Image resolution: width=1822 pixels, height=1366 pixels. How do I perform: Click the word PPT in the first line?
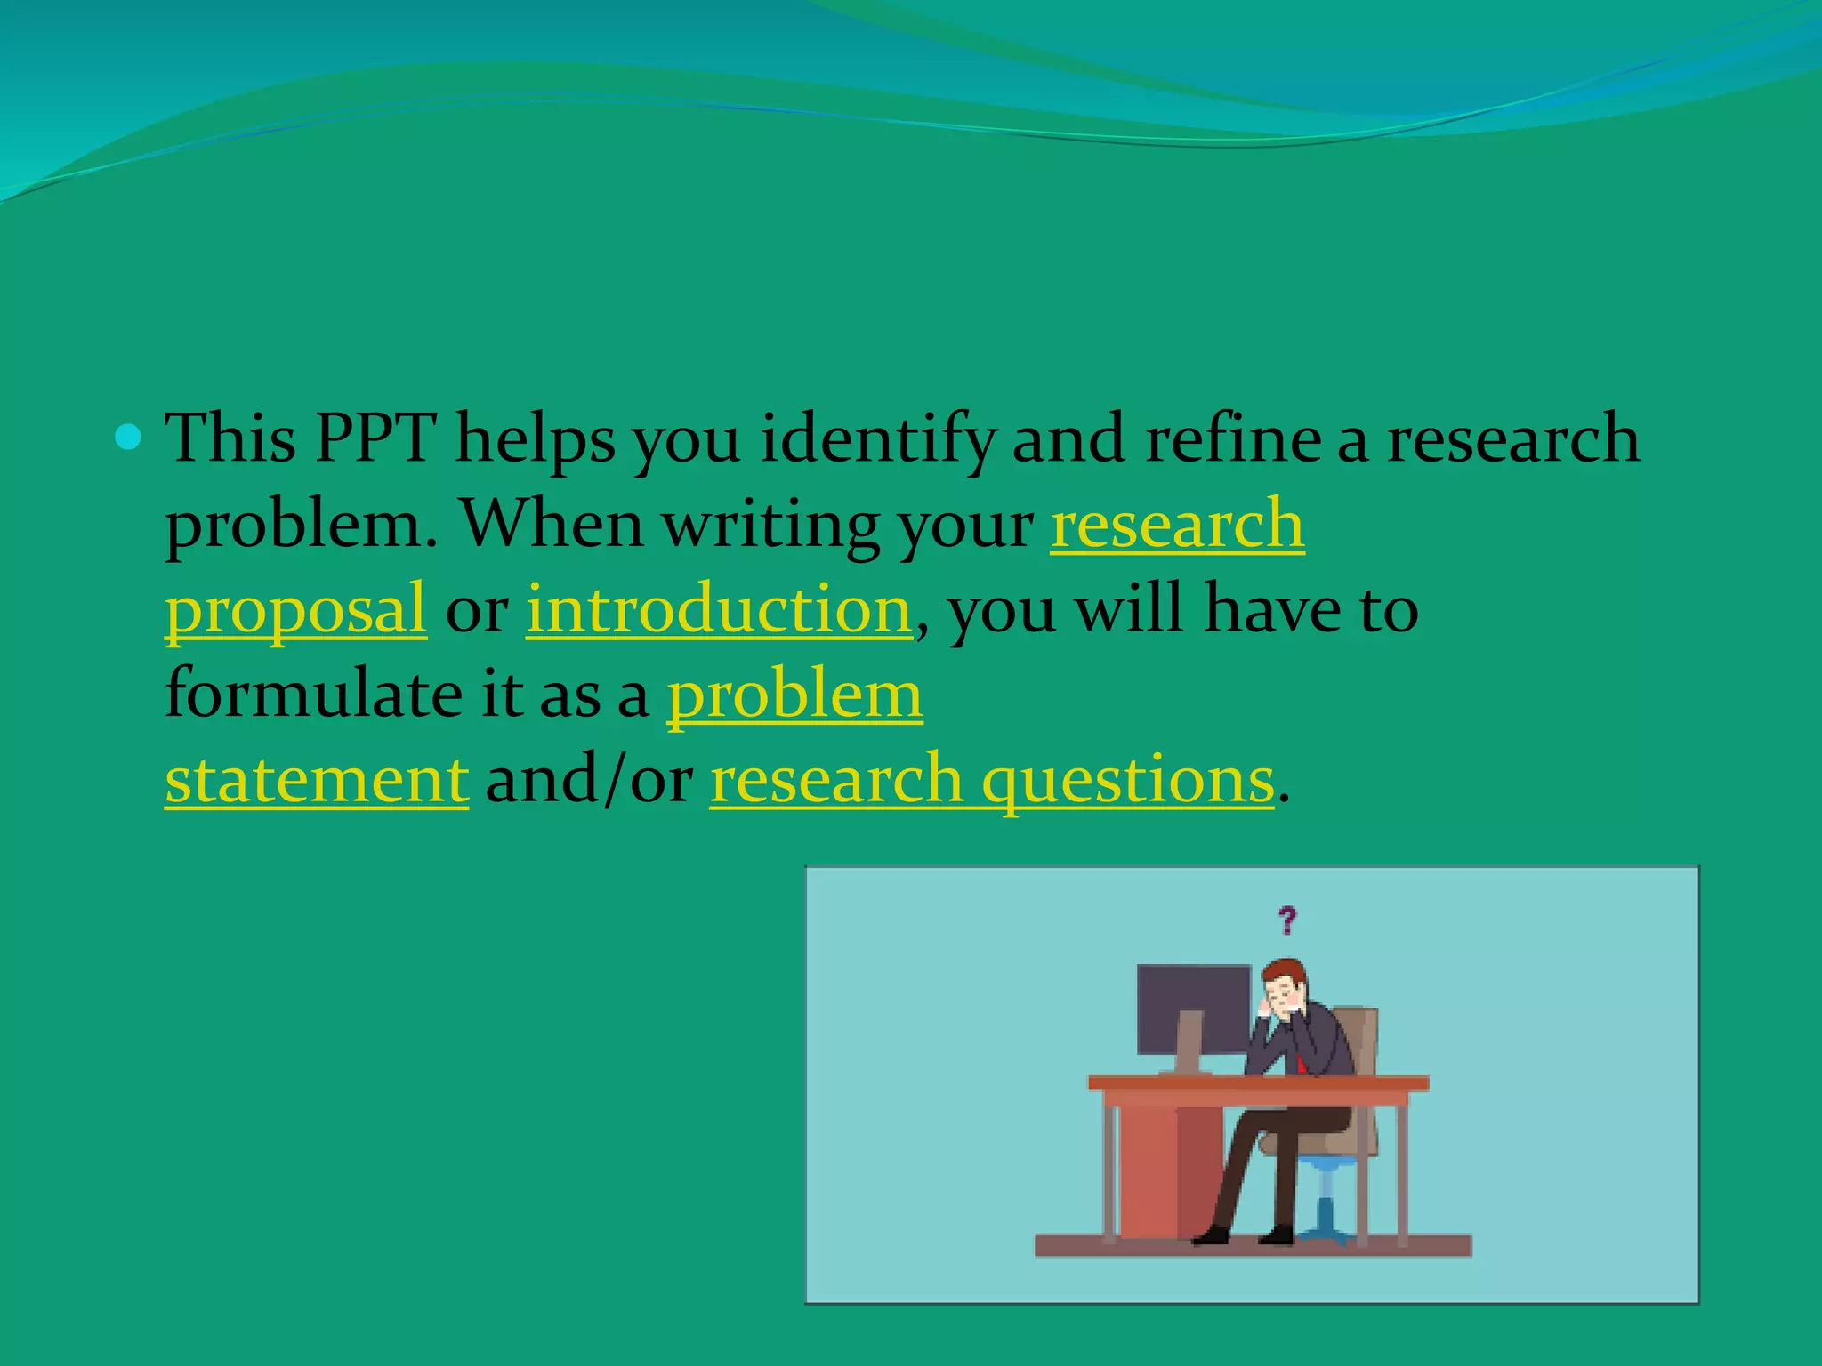click(x=375, y=439)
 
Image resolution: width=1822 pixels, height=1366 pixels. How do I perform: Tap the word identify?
click(x=877, y=441)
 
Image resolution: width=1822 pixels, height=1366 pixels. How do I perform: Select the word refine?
click(x=1233, y=439)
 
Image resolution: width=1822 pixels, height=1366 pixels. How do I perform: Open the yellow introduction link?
click(x=719, y=610)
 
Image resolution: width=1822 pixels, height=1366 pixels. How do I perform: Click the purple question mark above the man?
click(x=1286, y=920)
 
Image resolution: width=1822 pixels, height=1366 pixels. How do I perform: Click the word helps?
click(x=536, y=439)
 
